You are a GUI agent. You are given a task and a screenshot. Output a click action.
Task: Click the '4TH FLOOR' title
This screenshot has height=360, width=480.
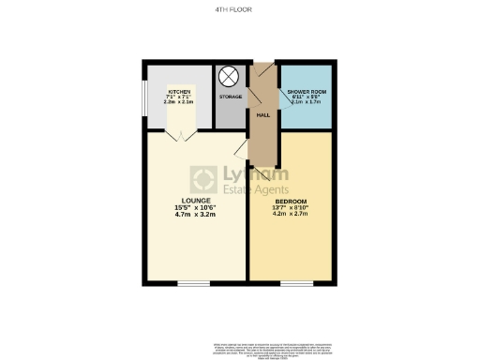tap(240, 11)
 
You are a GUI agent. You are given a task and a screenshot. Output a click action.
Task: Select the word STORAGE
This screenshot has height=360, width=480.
tap(231, 97)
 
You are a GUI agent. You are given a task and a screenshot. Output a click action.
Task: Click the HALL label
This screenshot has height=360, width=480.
tap(263, 114)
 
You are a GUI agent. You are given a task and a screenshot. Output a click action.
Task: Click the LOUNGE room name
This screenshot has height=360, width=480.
tap(195, 200)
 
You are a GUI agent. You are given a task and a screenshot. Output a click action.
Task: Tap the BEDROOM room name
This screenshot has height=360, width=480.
tap(291, 200)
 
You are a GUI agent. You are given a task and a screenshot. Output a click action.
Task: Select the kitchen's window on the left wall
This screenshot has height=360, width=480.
tap(143, 97)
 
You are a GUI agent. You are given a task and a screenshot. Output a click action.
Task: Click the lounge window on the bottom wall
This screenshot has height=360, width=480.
tap(194, 282)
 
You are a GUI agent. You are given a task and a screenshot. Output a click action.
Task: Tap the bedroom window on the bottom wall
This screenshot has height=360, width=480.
tap(296, 282)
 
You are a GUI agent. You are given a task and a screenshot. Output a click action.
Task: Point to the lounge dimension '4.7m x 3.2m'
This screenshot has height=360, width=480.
tap(195, 215)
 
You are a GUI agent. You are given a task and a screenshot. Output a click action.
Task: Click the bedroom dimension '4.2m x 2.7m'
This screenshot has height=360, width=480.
tap(291, 215)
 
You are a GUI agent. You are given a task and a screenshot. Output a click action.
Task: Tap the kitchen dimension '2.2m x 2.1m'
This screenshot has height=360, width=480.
tap(178, 102)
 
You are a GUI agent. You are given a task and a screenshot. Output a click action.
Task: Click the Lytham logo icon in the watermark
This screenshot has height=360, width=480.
tap(203, 179)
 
